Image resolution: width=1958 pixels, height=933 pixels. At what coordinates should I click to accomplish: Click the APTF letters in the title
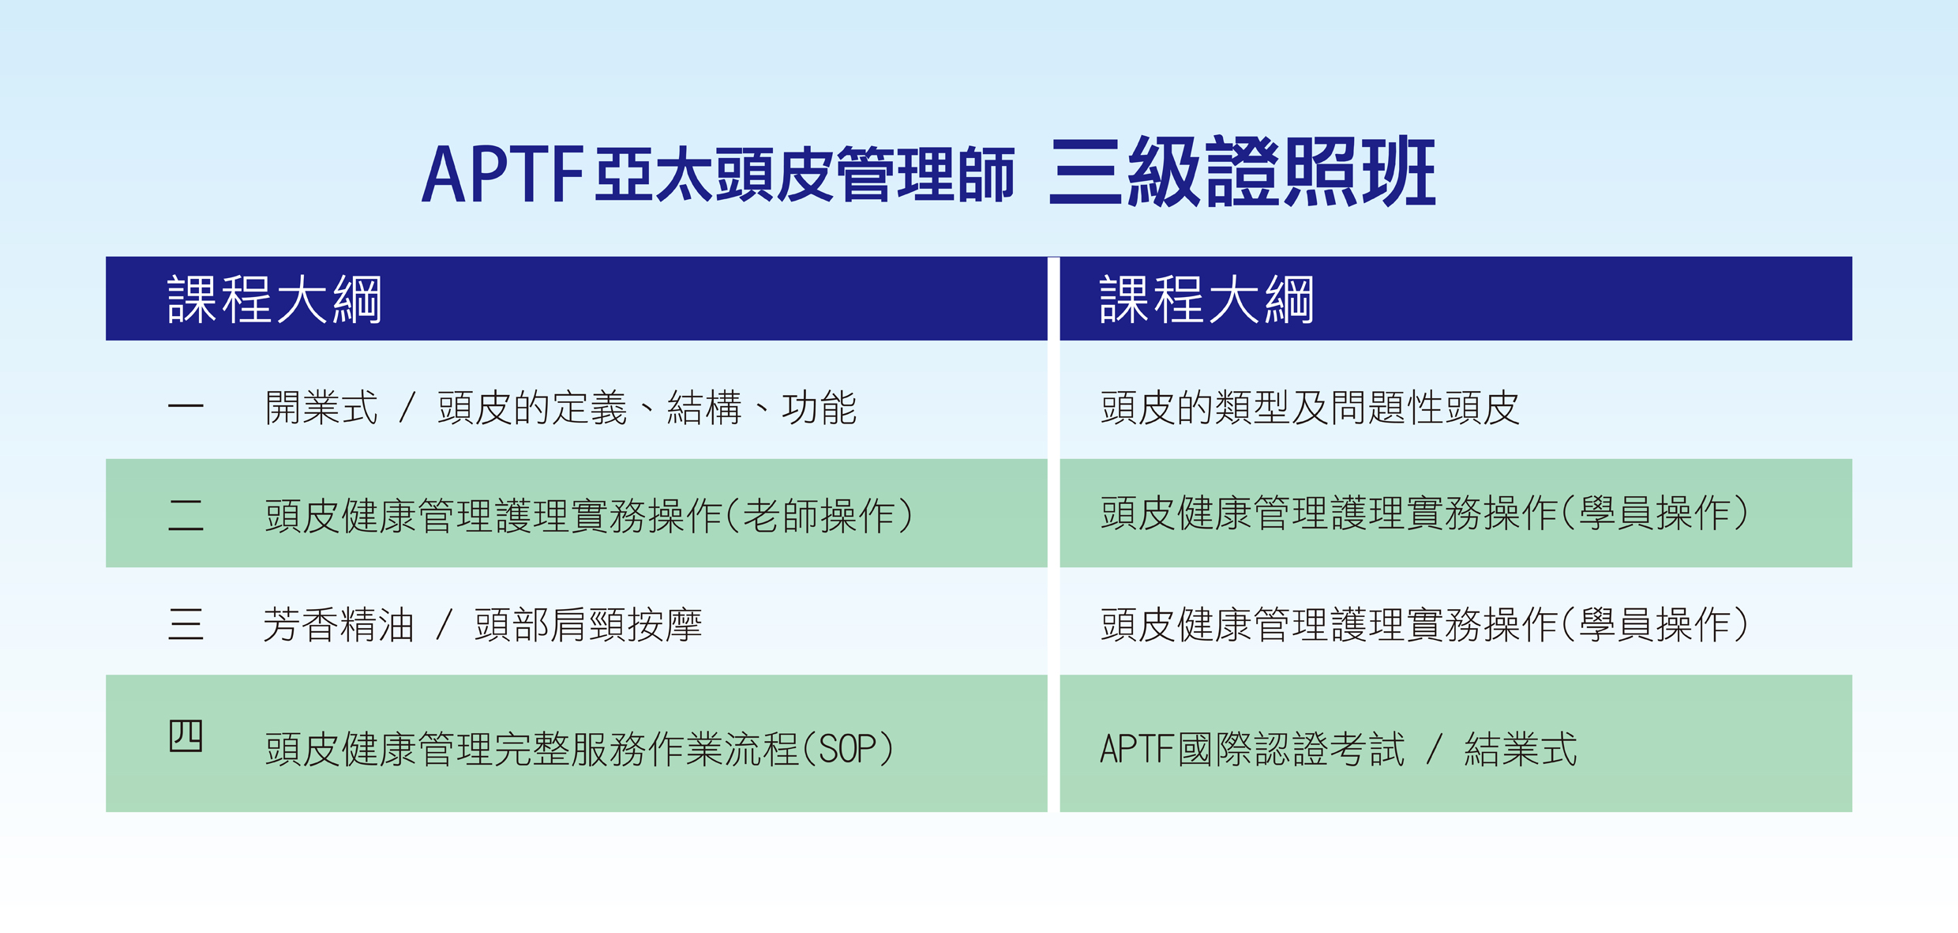tap(502, 174)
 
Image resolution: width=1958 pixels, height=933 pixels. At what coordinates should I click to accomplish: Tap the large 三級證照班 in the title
tap(1243, 171)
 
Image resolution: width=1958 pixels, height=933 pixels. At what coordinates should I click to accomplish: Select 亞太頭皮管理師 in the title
tap(805, 175)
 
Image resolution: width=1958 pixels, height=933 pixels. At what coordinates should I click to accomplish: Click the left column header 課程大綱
tap(275, 299)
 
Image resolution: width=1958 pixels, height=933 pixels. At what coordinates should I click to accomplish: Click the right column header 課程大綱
tap(1206, 299)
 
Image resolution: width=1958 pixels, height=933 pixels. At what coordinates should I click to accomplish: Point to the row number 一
tap(186, 407)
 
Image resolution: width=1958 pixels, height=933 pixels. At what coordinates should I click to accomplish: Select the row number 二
tap(186, 515)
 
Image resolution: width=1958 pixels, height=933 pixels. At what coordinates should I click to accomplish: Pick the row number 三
tap(186, 624)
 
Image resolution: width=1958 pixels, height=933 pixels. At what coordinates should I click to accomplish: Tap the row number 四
tap(186, 735)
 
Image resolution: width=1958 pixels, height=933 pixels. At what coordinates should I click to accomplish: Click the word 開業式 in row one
tap(321, 408)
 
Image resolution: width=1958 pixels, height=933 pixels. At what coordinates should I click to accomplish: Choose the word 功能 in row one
tap(820, 408)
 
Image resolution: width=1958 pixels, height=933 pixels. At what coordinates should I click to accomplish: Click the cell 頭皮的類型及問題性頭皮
tap(1310, 408)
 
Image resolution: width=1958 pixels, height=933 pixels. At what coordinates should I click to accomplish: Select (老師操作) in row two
tap(819, 516)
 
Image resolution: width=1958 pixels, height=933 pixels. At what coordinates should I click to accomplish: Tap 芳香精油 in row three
tap(339, 625)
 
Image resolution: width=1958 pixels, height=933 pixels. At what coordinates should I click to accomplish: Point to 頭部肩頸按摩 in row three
tap(588, 625)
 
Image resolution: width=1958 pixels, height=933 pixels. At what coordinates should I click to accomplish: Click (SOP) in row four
tap(848, 749)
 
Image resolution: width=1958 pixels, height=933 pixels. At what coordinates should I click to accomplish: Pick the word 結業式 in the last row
tap(1521, 749)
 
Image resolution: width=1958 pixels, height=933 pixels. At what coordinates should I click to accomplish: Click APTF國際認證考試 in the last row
tap(1252, 749)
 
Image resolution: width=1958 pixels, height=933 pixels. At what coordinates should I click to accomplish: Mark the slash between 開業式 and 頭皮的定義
tap(407, 408)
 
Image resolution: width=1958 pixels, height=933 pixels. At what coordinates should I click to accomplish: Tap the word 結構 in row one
tap(704, 408)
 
